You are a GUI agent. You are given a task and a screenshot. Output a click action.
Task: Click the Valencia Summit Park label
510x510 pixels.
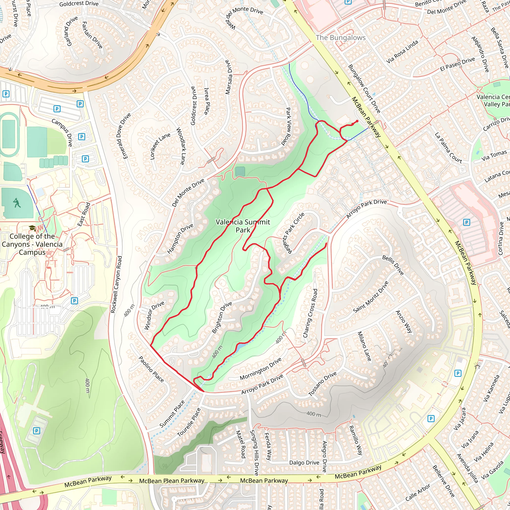pyautogui.click(x=243, y=226)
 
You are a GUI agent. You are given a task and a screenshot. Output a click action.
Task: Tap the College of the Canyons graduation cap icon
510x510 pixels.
pyautogui.click(x=32, y=228)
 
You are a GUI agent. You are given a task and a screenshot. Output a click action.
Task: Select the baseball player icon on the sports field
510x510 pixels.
pyautogui.click(x=17, y=203)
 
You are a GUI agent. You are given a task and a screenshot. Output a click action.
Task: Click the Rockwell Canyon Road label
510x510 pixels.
pyautogui.click(x=116, y=284)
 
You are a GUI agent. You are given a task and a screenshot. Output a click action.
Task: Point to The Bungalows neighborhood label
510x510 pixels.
pyautogui.click(x=340, y=38)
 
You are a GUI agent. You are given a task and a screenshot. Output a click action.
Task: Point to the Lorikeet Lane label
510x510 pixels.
pyautogui.click(x=160, y=146)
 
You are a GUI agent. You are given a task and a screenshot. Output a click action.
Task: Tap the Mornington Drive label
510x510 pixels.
pyautogui.click(x=260, y=369)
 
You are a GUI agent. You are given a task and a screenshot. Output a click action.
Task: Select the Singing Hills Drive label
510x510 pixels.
pyautogui.click(x=254, y=453)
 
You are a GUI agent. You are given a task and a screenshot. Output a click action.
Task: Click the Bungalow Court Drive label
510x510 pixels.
pyautogui.click(x=364, y=89)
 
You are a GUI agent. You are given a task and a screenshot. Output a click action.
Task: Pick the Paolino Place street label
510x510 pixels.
pyautogui.click(x=151, y=369)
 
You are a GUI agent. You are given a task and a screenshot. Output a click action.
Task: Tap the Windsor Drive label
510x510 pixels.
pyautogui.click(x=154, y=315)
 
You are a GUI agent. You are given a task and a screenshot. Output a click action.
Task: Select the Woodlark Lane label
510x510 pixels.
pyautogui.click(x=180, y=146)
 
